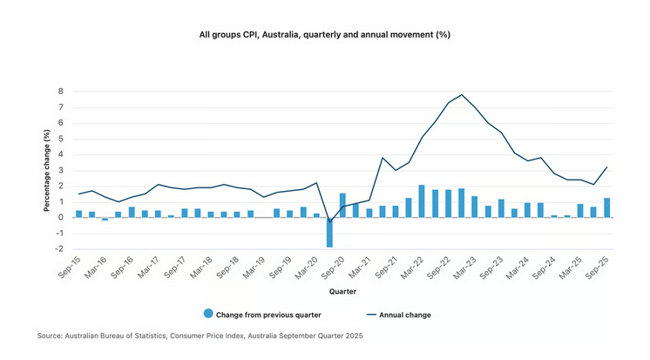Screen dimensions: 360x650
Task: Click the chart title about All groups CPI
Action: [324, 34]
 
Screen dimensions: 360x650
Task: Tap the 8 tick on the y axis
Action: [61, 91]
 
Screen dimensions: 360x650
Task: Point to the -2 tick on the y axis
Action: [59, 248]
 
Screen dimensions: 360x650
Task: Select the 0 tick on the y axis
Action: [61, 217]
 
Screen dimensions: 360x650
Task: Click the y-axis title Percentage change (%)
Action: [46, 170]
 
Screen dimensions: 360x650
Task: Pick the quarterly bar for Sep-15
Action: [78, 214]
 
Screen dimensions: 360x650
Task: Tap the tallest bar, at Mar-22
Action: [422, 200]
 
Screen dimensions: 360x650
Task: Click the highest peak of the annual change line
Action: [462, 95]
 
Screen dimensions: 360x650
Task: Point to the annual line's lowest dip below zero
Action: [329, 221]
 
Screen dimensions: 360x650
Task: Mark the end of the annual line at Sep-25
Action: [606, 167]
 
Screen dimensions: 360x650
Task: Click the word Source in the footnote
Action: [51, 336]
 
